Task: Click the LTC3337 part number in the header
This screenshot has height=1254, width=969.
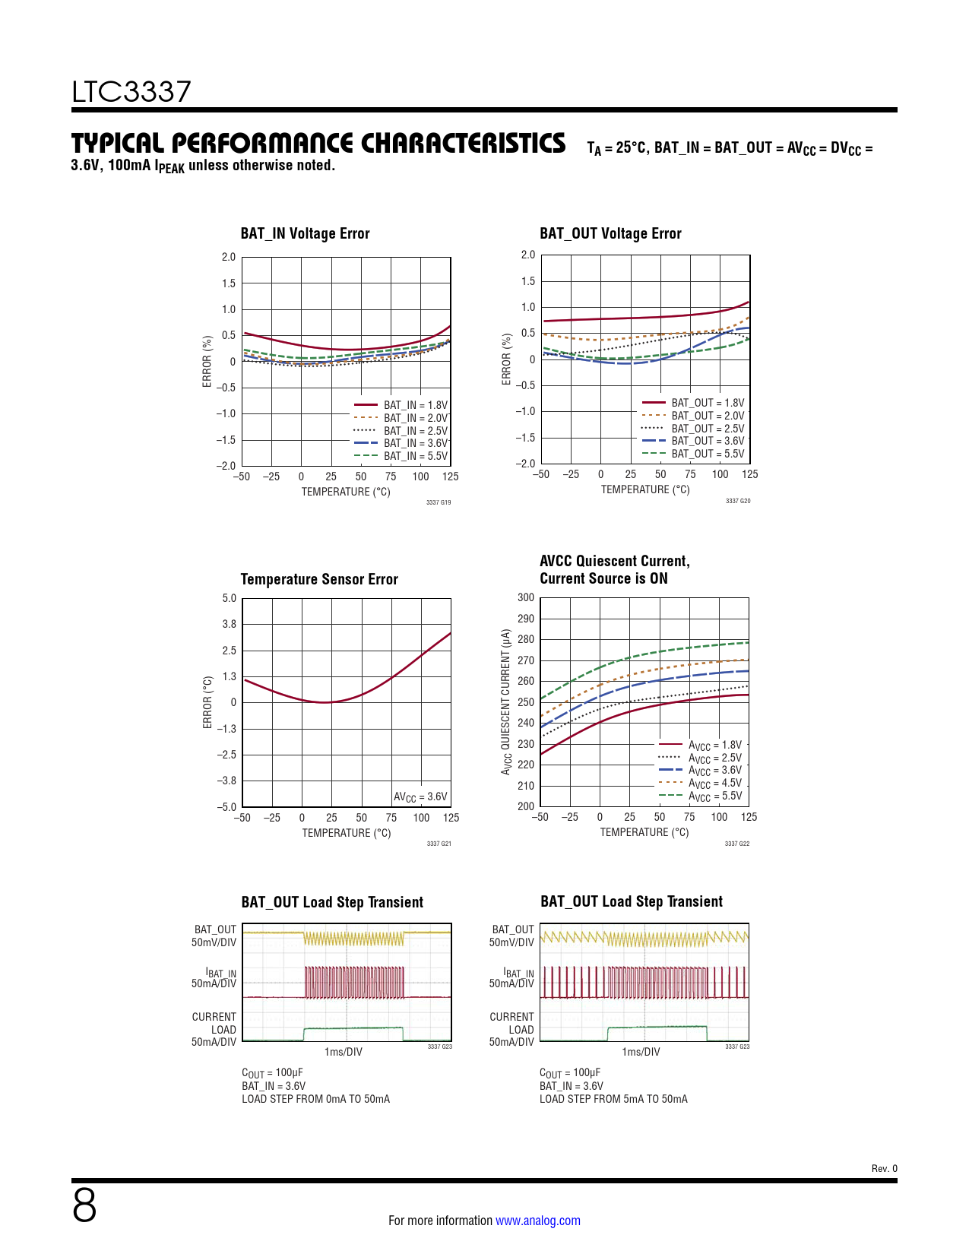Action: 131,92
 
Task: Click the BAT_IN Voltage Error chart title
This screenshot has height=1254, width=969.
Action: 305,233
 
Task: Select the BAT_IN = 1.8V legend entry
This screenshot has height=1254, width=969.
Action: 401,405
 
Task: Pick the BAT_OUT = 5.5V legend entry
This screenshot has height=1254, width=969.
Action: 693,454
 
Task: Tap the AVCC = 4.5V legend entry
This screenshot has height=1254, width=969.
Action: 700,783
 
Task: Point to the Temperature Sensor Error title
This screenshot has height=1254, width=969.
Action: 319,579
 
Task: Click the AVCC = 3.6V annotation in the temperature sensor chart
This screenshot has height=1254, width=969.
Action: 420,797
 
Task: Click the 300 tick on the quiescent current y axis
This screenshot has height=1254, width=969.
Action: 526,597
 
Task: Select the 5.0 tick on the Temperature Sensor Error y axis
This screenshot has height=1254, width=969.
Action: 229,598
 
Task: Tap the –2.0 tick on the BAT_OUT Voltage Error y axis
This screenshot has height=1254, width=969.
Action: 525,464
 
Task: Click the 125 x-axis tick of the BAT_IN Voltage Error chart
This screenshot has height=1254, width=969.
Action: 450,477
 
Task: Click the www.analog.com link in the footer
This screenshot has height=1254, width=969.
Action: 538,1221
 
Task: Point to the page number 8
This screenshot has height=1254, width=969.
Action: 84,1205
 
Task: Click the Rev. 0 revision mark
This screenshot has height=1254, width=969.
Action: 884,1169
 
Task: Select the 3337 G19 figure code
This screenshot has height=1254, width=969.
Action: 439,502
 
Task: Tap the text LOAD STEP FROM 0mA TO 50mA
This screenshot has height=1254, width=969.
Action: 315,1099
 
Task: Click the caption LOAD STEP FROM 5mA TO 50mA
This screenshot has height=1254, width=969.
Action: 613,1099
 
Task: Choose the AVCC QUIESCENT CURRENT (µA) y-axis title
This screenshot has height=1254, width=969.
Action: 506,701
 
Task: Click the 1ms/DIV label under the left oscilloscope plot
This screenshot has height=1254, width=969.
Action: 344,1051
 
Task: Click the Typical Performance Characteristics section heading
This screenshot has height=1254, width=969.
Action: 318,143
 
